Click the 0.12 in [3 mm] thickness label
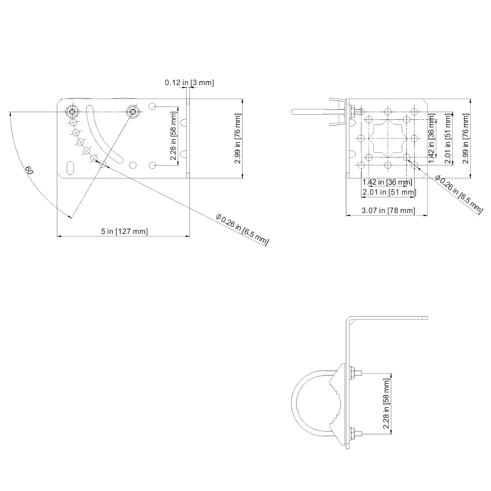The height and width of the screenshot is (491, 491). tap(189, 82)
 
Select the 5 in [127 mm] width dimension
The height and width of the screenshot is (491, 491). tap(124, 231)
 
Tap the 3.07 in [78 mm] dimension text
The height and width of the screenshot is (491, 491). tap(388, 210)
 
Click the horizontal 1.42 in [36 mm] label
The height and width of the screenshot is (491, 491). tap(387, 182)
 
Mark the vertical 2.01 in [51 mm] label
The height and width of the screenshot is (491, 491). tap(448, 138)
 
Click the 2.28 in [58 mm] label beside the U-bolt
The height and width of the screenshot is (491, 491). tap(387, 403)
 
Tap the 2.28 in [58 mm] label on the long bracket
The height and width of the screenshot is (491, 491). tap(173, 136)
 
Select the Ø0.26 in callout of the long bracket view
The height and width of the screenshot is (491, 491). tap(242, 229)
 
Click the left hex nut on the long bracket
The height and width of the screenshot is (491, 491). tap(72, 112)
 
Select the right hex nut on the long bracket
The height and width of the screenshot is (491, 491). tap(133, 112)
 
